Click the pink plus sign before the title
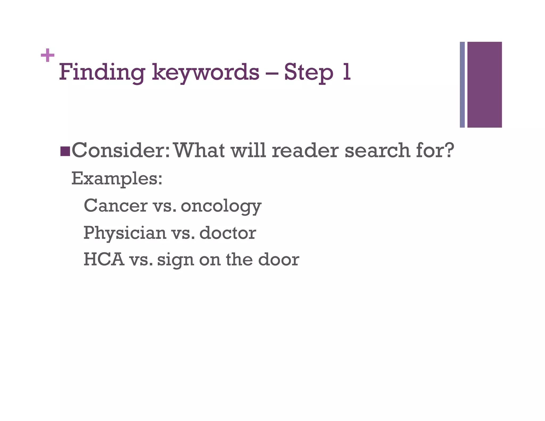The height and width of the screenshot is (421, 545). [x=48, y=55]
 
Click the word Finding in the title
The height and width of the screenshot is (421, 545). [x=102, y=72]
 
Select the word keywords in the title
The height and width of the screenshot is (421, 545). [x=205, y=72]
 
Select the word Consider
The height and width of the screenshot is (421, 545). [x=120, y=150]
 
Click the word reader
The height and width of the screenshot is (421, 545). [x=305, y=150]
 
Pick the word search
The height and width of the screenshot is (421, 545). [x=377, y=150]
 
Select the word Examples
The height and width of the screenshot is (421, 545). [x=117, y=179]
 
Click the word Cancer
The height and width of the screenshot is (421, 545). [x=115, y=205]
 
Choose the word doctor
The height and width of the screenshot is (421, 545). [x=228, y=233]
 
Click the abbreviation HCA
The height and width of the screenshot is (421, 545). [x=104, y=259]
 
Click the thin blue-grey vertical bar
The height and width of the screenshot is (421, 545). [x=462, y=85]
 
